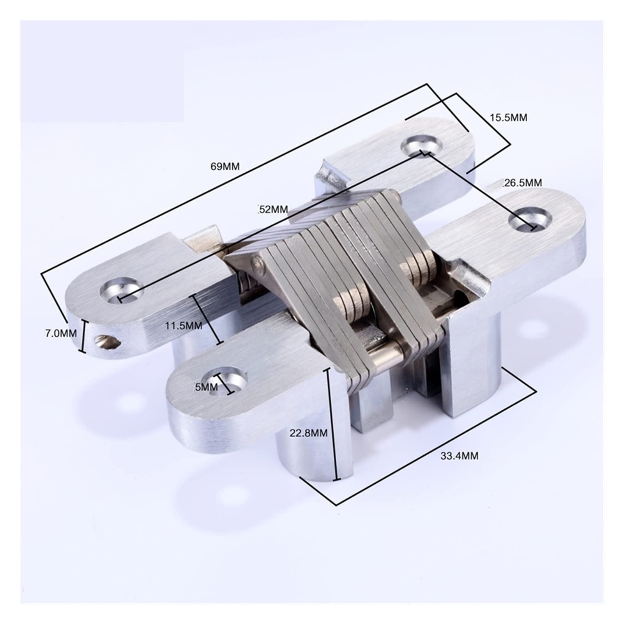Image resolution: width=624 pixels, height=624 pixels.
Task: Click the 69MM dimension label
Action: coord(225,166)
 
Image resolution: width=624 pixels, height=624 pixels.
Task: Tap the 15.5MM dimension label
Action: coord(508,117)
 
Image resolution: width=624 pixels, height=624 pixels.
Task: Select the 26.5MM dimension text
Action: coord(522,182)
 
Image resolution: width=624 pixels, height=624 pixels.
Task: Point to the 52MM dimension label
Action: coord(273,209)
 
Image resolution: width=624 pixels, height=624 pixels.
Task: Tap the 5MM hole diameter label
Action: coord(206,387)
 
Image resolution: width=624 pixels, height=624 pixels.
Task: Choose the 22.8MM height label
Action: coord(308,433)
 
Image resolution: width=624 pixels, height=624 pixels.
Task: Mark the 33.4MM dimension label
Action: coord(459,456)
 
